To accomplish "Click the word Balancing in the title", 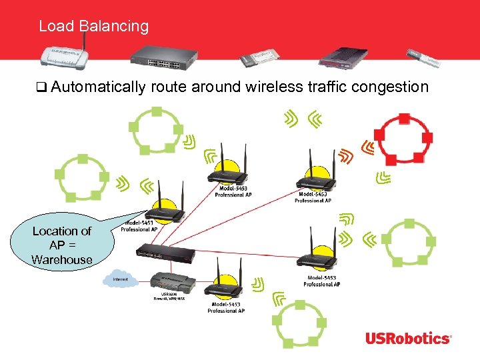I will (113, 27).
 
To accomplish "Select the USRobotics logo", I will (407, 338).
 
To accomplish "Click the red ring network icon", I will (403, 139).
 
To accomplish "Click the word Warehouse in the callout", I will (61, 259).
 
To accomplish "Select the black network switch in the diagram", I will (166, 251).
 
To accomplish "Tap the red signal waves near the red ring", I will (344, 157).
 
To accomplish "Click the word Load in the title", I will (56, 27).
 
